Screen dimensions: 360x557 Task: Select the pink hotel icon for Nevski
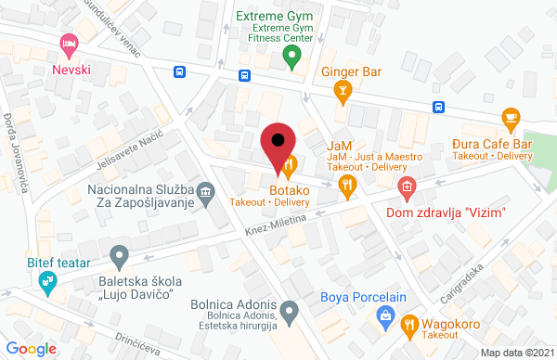click(67, 43)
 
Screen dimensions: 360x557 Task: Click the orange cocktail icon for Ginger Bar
click(343, 90)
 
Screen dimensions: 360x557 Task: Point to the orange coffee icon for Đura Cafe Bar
click(510, 117)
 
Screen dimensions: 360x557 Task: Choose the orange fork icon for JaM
click(348, 184)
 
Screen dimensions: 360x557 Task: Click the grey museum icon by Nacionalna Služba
click(206, 194)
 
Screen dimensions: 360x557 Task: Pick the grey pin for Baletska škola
click(118, 254)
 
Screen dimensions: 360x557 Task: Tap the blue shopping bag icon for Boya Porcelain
click(386, 318)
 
